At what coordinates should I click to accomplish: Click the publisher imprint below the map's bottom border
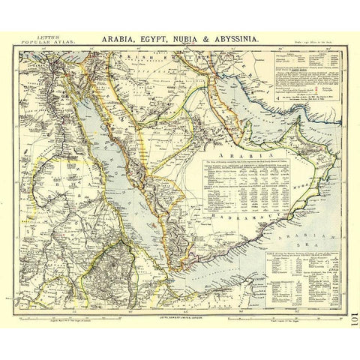click(180, 299)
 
